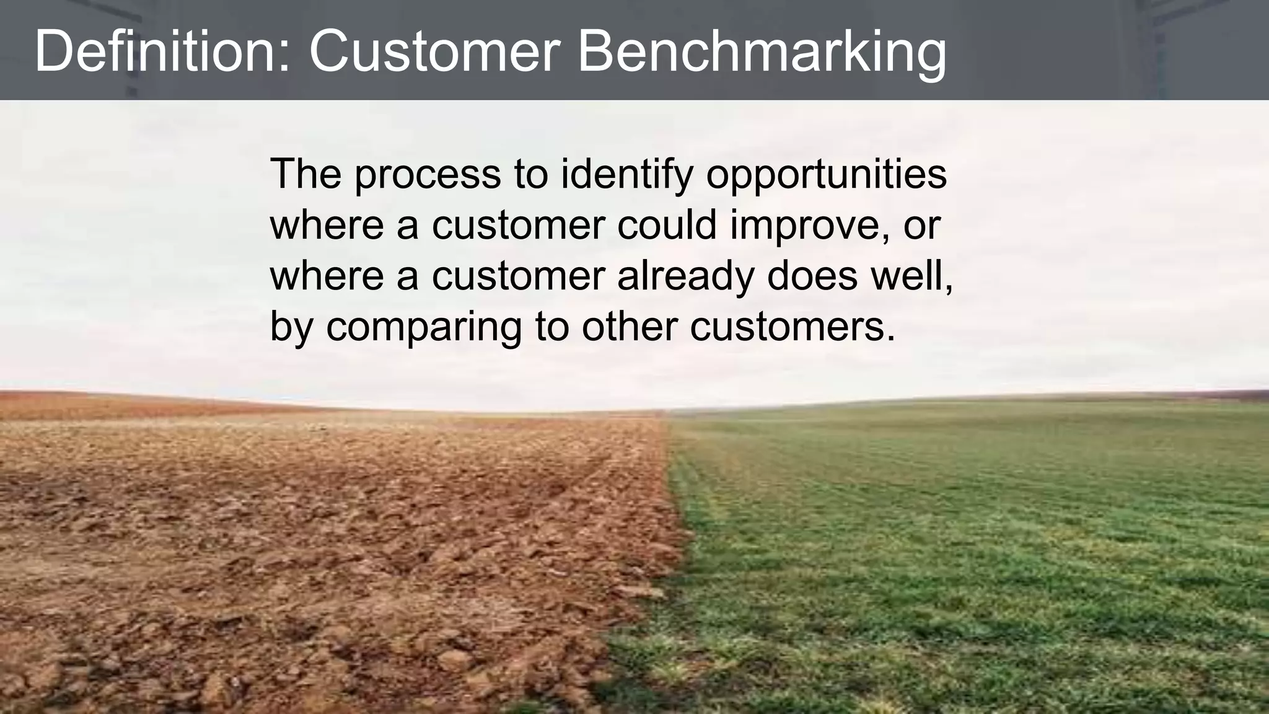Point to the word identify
[626, 175]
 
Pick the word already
[685, 276]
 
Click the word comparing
[424, 328]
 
